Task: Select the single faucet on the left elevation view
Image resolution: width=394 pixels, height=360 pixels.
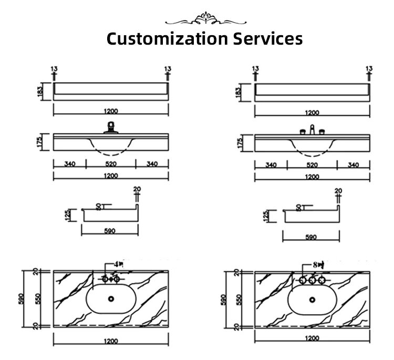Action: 111,128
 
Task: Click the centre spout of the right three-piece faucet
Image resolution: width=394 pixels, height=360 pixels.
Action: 312,130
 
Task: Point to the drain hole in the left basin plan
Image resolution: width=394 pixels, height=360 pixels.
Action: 111,299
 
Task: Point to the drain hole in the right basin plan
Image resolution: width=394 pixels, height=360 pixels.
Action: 312,299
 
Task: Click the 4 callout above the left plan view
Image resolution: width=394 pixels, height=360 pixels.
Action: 117,264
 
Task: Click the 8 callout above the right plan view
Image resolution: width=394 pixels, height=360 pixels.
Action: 317,264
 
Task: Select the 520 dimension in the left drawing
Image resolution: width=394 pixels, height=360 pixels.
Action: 111,164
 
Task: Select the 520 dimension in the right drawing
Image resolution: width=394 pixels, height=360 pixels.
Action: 312,164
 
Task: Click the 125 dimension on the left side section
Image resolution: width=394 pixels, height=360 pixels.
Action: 67,214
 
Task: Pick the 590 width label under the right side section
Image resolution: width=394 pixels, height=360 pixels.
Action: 311,237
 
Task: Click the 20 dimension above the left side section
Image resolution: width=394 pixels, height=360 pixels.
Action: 137,190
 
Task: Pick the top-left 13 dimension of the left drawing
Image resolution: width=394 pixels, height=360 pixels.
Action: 54,69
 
